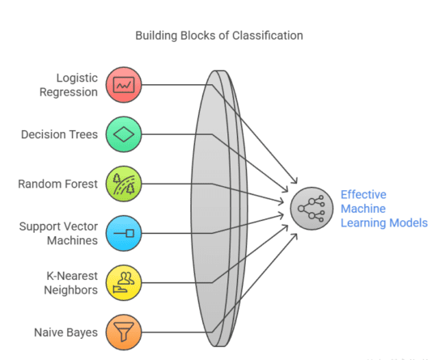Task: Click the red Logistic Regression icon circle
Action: pos(124,84)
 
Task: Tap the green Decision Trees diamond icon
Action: pos(124,134)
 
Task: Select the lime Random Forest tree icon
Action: pos(124,184)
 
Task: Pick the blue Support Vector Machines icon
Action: pos(124,233)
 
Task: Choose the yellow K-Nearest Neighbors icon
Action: pos(124,282)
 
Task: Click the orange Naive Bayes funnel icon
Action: pos(124,331)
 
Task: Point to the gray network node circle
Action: pos(311,208)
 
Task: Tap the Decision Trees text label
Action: pos(60,134)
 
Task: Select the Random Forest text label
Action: pos(58,184)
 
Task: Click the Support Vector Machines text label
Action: pos(59,233)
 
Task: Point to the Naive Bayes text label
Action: pos(66,332)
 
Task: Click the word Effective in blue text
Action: pos(364,194)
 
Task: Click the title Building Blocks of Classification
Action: pos(219,36)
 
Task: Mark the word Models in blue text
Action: pos(409,222)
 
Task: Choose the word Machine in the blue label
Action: pos(361,209)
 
